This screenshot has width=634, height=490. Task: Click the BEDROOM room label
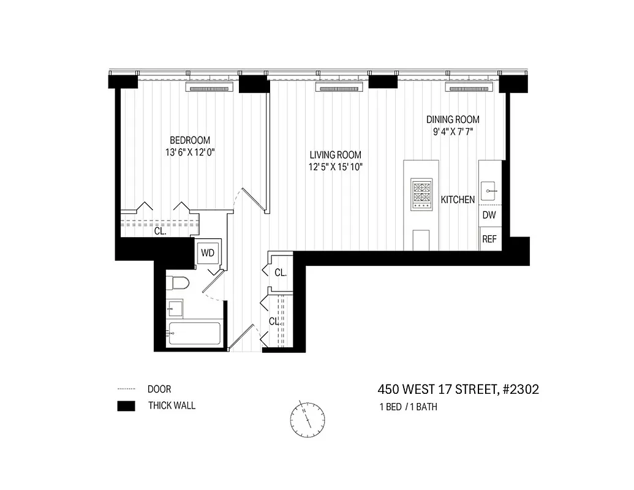pyautogui.click(x=190, y=140)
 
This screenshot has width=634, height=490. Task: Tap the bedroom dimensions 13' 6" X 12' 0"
pyautogui.click(x=190, y=153)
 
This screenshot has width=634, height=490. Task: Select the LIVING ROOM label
pyautogui.click(x=335, y=155)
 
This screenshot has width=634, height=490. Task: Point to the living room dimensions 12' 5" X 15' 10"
pyautogui.click(x=335, y=167)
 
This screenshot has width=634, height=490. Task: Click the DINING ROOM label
pyautogui.click(x=453, y=119)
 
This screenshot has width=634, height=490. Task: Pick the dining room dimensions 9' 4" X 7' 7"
pyautogui.click(x=453, y=131)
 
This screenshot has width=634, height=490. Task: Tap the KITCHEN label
pyautogui.click(x=458, y=200)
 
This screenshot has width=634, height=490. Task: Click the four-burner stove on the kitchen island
pyautogui.click(x=421, y=194)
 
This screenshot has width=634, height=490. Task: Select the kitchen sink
pyautogui.click(x=490, y=191)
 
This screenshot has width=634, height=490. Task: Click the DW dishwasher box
pyautogui.click(x=489, y=215)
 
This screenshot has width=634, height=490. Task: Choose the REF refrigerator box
pyautogui.click(x=489, y=239)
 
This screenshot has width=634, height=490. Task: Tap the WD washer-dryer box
pyautogui.click(x=207, y=252)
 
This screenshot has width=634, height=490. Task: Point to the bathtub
pyautogui.click(x=194, y=334)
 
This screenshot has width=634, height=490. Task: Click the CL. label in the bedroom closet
pyautogui.click(x=160, y=232)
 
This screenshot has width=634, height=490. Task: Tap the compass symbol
pyautogui.click(x=308, y=419)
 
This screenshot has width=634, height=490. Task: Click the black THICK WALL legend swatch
pyautogui.click(x=126, y=406)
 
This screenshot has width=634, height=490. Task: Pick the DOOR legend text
pyautogui.click(x=159, y=389)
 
